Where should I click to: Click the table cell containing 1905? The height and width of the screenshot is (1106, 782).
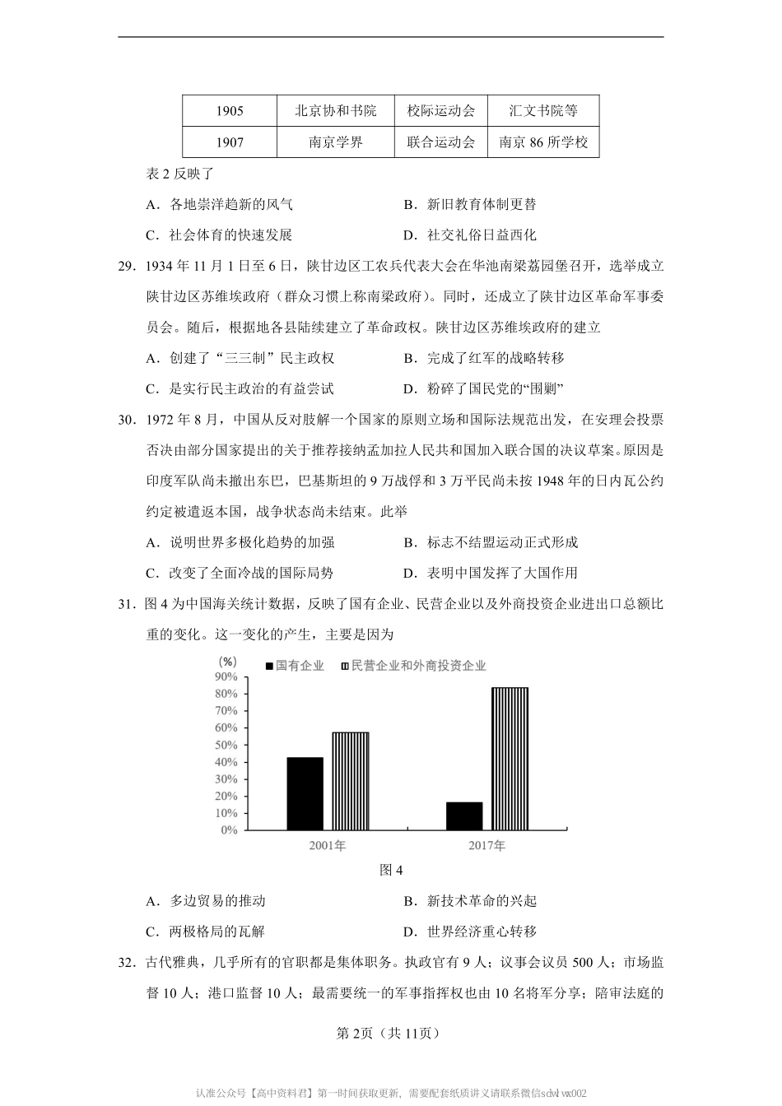(230, 111)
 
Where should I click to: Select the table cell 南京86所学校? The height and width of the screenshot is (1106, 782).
(543, 142)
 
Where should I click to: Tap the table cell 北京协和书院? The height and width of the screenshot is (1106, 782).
(335, 111)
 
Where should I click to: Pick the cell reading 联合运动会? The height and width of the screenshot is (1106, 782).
(441, 142)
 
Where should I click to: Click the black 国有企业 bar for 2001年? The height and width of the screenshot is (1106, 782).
(305, 793)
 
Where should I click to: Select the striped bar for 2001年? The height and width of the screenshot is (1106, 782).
(351, 781)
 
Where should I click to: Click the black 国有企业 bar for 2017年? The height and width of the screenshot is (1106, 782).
(464, 816)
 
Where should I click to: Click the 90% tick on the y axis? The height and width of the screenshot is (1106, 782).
(226, 676)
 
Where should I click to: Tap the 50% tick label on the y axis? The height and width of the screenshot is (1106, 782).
(226, 745)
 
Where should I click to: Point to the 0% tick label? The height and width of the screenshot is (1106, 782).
(229, 830)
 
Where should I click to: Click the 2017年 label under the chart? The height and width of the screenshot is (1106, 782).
(487, 846)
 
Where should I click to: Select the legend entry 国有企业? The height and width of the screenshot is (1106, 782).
(295, 665)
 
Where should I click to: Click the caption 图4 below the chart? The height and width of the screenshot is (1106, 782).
(391, 871)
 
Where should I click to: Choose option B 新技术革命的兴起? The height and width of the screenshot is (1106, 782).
(470, 901)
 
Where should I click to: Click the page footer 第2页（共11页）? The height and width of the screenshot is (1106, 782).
(391, 1033)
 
